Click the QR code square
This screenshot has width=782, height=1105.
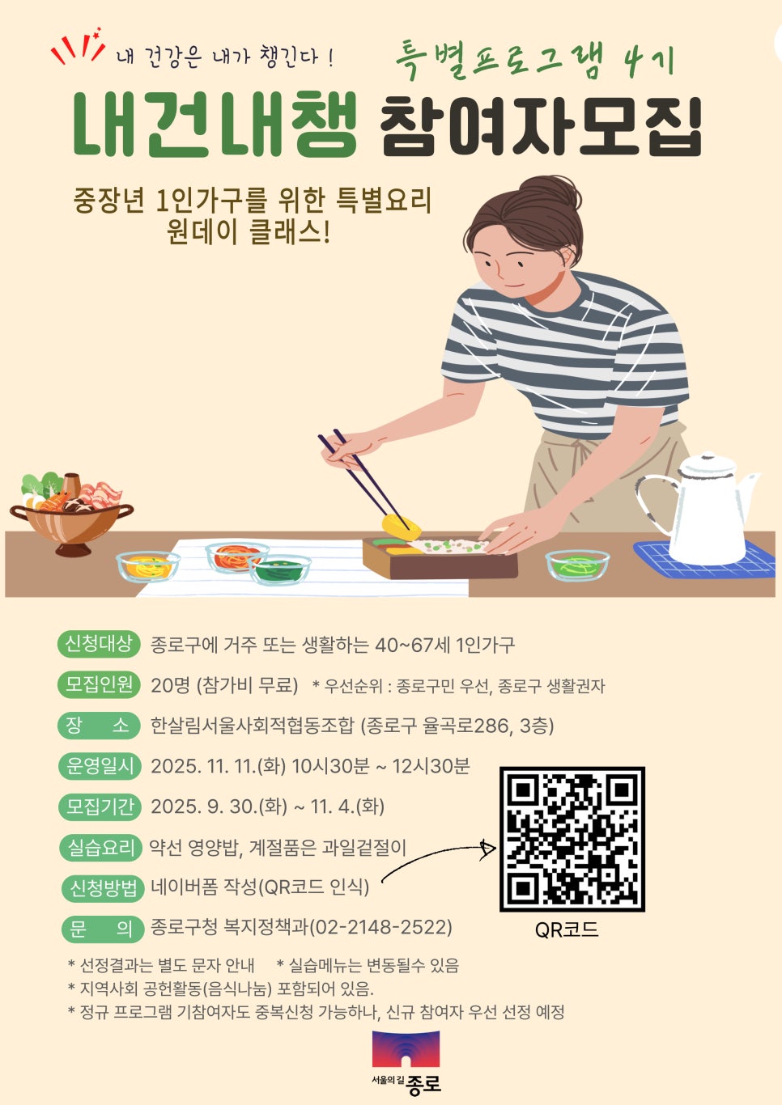click(572, 839)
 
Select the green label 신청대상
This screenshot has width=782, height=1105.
click(99, 644)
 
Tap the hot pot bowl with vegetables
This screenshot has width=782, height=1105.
click(72, 514)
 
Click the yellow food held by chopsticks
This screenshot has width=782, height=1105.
click(402, 527)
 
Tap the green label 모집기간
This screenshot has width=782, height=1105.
click(100, 807)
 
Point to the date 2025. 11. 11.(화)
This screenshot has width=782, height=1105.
click(219, 766)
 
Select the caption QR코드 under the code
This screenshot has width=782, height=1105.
click(567, 930)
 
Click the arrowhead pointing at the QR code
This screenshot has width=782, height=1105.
click(488, 848)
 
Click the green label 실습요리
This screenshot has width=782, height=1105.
click(100, 848)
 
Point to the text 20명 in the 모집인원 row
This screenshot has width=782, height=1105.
click(170, 685)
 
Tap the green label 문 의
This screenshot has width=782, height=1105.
click(101, 929)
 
